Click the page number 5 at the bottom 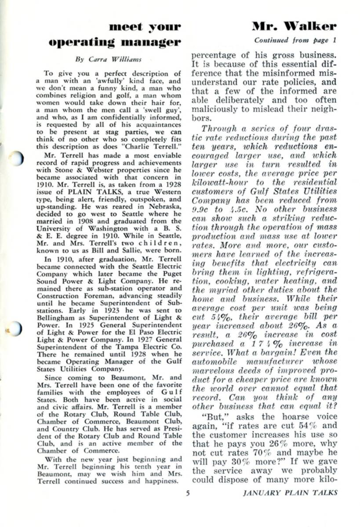pos(188,493)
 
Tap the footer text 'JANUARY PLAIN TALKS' pos(290,493)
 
